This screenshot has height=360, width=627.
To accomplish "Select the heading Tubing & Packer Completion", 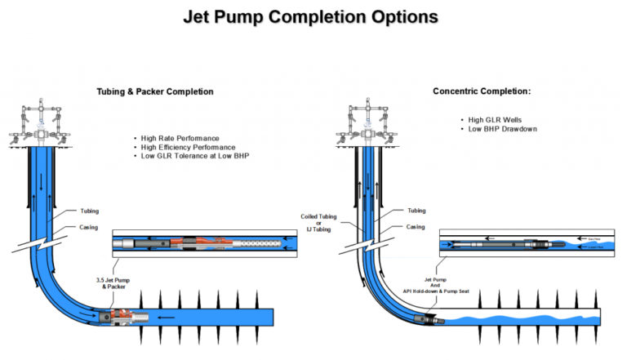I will click(155, 91).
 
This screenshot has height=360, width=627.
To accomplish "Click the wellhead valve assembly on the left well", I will click(37, 122).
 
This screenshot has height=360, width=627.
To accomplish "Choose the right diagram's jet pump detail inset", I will click(524, 244).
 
